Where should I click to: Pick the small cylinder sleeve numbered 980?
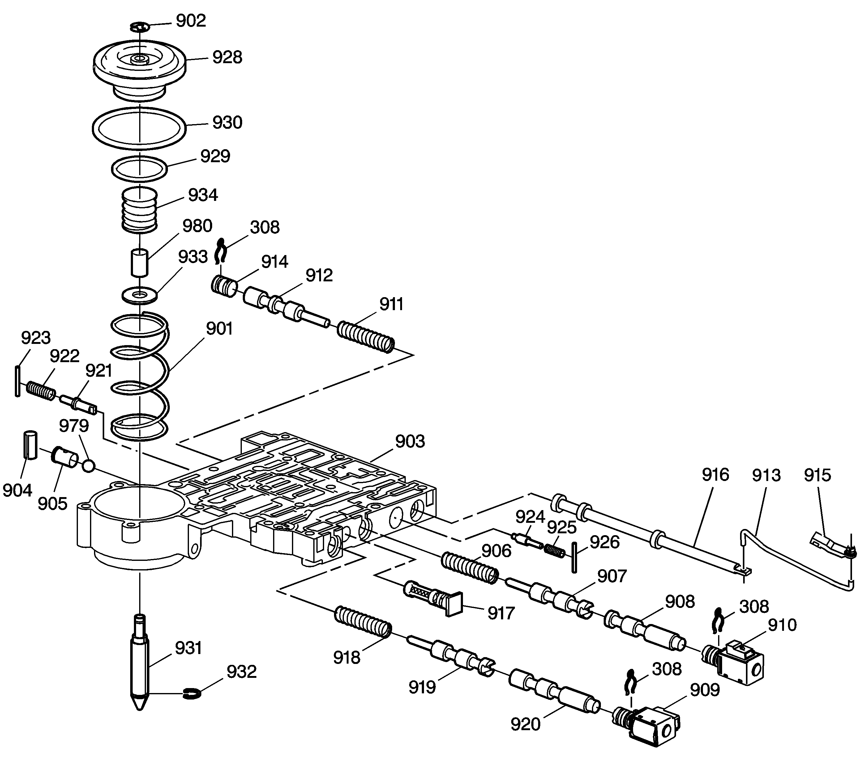coord(139,263)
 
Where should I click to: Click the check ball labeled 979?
coord(88,466)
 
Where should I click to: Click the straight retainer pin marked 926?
coord(574,557)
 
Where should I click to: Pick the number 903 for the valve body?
coord(410,442)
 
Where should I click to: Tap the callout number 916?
coord(715,475)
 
